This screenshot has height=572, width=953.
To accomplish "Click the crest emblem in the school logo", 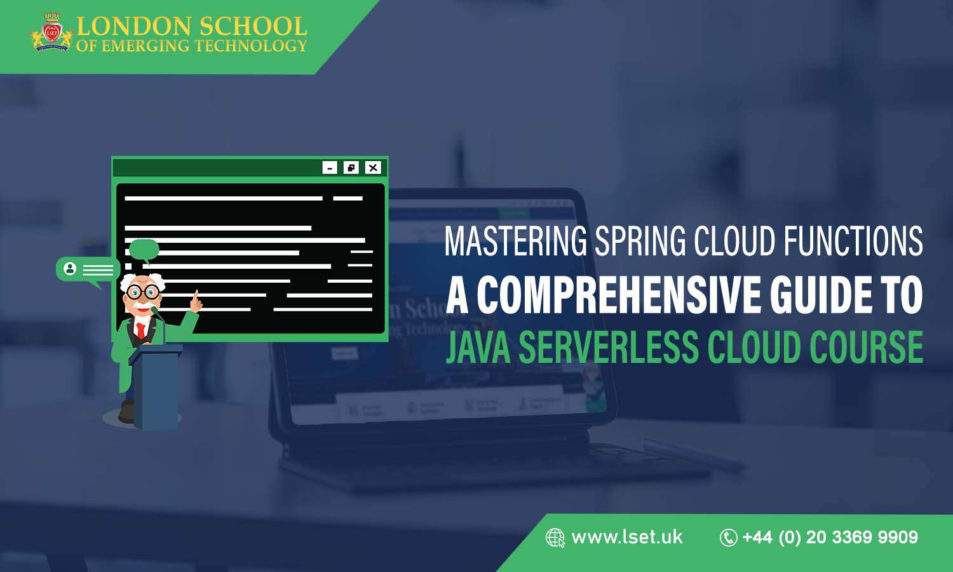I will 51,32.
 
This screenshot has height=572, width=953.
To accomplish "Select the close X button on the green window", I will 373,168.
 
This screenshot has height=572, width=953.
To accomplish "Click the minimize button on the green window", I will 330,168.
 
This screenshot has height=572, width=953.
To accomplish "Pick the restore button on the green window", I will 351,168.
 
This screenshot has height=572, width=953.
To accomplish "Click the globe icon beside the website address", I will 555,538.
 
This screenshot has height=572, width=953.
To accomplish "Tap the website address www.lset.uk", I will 627,537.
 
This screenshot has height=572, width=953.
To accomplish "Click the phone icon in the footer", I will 728,538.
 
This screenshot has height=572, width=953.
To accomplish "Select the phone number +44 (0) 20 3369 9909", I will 830,537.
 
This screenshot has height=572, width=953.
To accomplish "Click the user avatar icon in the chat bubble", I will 70,269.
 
